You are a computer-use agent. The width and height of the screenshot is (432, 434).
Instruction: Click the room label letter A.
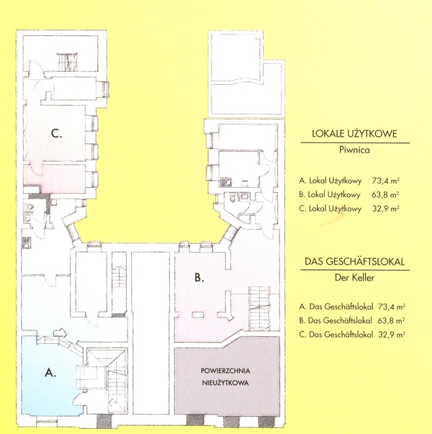tap(50, 373)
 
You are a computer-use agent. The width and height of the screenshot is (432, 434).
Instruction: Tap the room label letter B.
tap(199, 277)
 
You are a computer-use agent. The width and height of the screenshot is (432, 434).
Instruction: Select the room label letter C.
tap(56, 134)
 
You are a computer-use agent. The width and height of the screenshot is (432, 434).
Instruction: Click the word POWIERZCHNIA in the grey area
tap(225, 371)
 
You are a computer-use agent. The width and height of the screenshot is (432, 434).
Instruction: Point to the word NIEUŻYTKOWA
tap(225, 383)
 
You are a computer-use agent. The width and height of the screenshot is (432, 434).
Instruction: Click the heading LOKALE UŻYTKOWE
tap(354, 133)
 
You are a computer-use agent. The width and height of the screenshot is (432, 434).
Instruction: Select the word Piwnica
tap(354, 150)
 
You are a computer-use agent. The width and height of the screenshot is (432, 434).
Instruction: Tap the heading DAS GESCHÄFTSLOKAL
tap(354, 261)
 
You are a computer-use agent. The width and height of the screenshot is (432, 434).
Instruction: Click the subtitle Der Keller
tap(354, 277)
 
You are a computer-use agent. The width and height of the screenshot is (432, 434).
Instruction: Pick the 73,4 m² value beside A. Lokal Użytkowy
tap(386, 181)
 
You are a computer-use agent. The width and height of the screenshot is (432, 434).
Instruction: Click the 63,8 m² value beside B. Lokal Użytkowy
tap(385, 194)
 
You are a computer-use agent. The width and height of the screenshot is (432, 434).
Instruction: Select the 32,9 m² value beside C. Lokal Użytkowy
tap(386, 209)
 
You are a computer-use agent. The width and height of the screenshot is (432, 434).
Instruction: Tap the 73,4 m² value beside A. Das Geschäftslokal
tap(392, 307)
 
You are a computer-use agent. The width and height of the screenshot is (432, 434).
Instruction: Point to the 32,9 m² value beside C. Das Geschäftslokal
tap(392, 335)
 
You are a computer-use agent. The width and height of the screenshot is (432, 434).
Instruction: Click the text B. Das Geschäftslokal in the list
tap(336, 320)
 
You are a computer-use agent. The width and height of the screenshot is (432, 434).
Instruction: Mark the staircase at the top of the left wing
tap(67, 62)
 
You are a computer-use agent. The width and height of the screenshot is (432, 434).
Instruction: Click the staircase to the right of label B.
tap(259, 308)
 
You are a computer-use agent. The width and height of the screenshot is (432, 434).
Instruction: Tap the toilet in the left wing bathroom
tap(29, 207)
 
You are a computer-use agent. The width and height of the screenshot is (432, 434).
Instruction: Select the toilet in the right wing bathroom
tap(232, 197)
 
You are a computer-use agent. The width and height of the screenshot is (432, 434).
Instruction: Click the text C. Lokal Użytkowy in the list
tap(330, 209)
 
